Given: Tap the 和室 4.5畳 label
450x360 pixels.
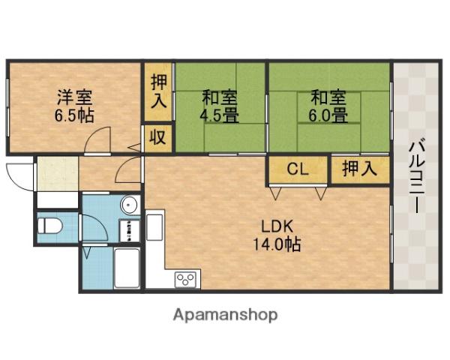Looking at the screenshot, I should click(220, 106).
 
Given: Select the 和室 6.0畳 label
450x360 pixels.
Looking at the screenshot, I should click(328, 106).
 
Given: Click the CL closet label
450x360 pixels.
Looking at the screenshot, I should click(298, 169).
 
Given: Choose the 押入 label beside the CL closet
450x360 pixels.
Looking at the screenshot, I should click(359, 169).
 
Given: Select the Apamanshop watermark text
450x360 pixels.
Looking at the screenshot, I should click(225, 314).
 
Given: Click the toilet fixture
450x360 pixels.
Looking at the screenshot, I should click(51, 226).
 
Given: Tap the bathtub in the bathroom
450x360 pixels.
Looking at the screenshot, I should click(128, 268).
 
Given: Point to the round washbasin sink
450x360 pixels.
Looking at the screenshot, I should click(128, 205).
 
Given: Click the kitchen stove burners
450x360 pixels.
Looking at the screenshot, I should click(185, 280).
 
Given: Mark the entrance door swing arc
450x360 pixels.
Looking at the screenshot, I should click(17, 175).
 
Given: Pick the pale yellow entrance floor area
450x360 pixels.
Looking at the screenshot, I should click(56, 174).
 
